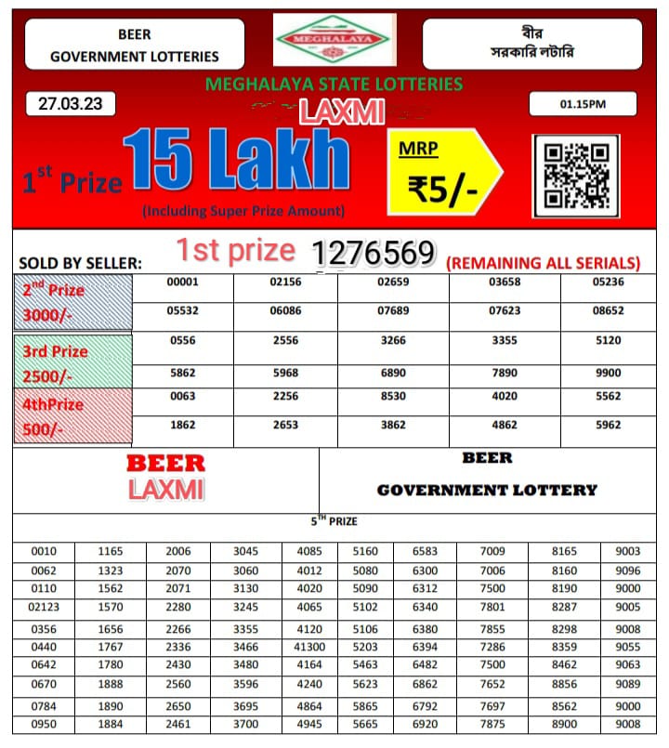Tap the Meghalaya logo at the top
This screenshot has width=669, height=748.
point(334,40)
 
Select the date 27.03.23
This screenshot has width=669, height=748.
point(71,104)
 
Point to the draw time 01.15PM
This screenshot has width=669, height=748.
point(583,104)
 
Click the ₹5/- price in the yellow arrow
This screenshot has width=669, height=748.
point(445,190)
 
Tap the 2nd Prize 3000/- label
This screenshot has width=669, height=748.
point(73,302)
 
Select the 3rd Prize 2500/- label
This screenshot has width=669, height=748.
point(73,363)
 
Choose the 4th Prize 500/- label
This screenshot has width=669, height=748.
point(73,417)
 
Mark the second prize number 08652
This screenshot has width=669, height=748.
point(609,311)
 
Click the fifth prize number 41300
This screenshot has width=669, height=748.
point(309,646)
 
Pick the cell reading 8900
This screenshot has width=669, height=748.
point(564,723)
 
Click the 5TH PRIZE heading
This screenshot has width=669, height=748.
point(334,521)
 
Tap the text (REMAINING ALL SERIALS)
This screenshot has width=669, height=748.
point(544,263)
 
